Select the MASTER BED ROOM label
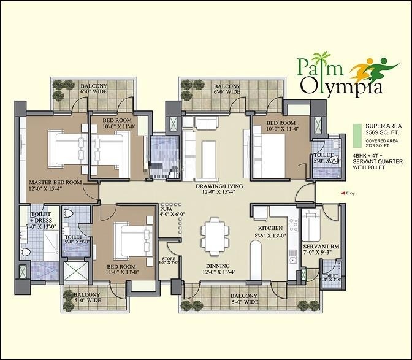56,186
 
